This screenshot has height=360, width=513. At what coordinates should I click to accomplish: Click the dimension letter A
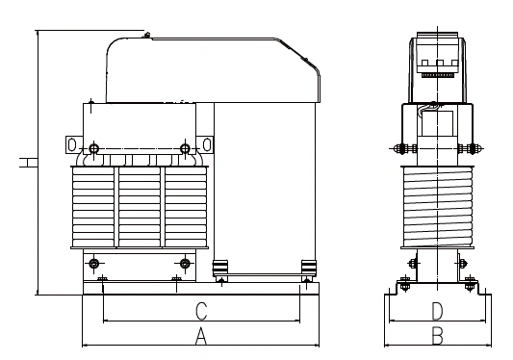tap(201, 336)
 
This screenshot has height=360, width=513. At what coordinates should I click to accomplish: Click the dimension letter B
tap(437, 336)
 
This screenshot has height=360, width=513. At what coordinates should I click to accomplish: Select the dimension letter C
tap(201, 312)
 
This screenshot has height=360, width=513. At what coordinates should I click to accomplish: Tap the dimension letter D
tap(437, 311)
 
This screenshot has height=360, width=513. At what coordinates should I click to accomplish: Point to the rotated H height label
tap(28, 163)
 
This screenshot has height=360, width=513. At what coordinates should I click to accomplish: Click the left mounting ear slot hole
tap(72, 144)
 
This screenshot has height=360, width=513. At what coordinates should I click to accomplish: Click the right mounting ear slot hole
tap(207, 144)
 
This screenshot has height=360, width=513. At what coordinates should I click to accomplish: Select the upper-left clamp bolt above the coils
tap(94, 148)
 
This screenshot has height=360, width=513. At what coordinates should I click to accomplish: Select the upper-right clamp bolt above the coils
tap(185, 148)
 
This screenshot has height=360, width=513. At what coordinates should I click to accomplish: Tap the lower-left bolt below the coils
tap(94, 263)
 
